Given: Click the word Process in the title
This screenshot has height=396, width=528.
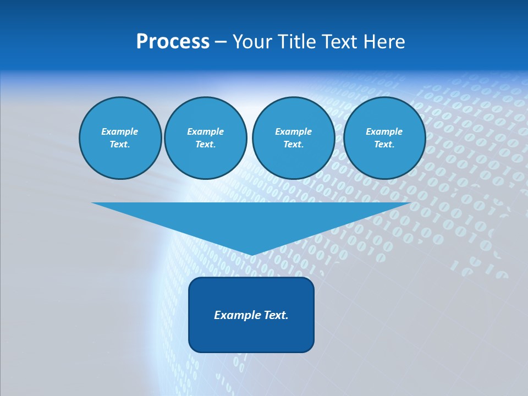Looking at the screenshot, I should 173,42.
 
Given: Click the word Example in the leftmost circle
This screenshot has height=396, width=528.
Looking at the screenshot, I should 120,131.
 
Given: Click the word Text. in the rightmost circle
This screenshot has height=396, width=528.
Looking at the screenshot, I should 384,144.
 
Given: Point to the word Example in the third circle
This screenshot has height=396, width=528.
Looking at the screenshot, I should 293,131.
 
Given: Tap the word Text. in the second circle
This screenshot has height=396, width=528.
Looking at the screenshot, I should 206,144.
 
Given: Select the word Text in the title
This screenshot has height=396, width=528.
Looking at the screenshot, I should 340,42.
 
